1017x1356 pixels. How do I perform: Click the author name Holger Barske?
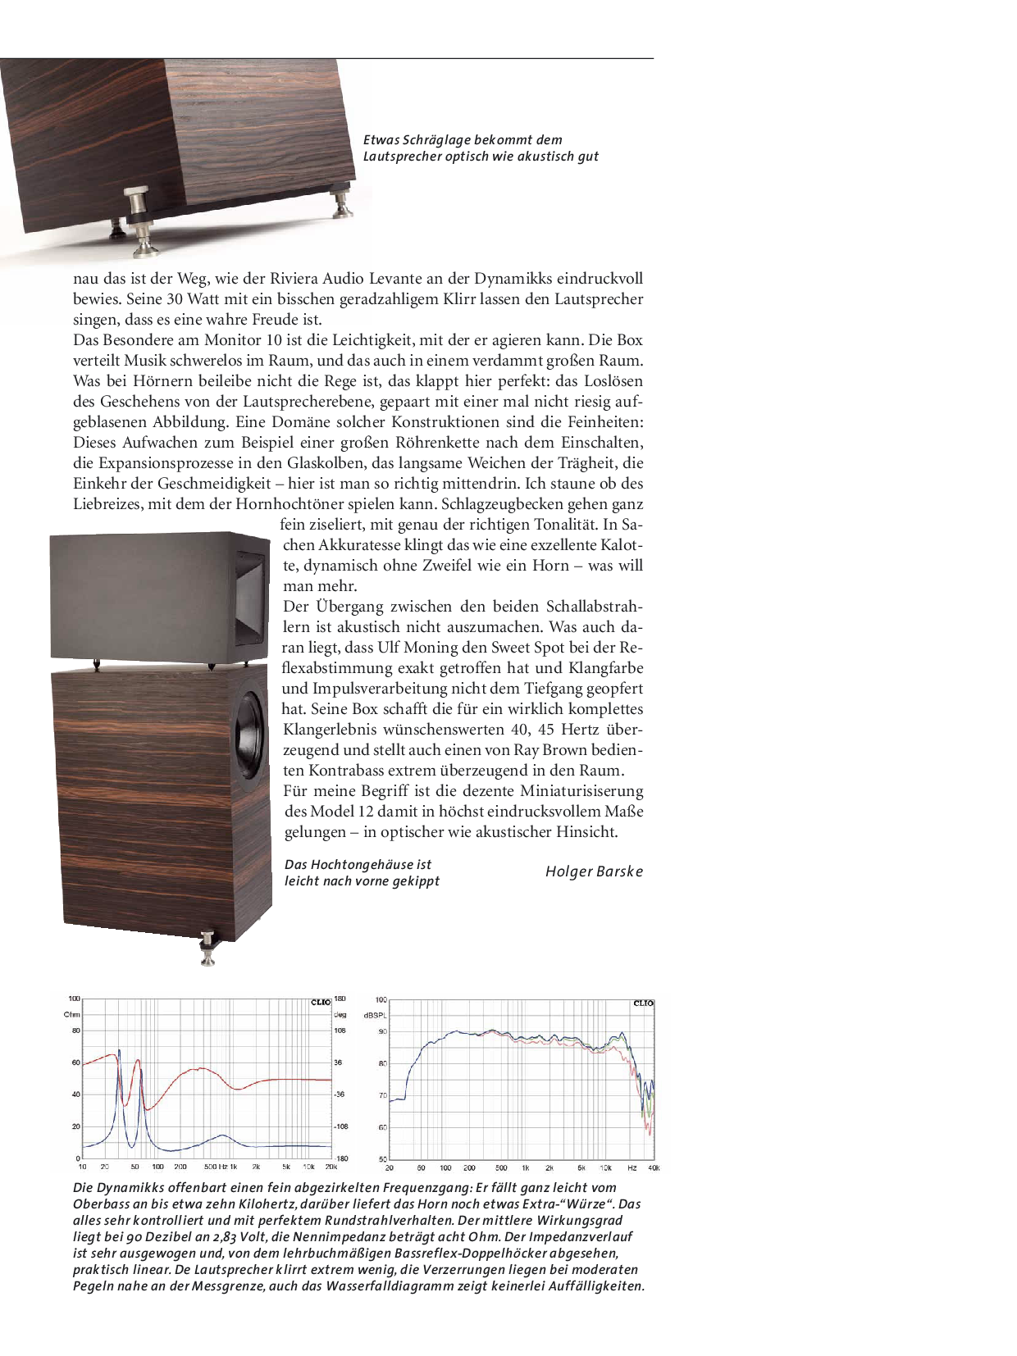pos(594,871)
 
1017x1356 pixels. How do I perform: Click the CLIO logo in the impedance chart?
pos(321,1002)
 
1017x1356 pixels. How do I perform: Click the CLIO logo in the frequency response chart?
pos(644,1003)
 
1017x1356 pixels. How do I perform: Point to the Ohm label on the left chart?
pos(71,1015)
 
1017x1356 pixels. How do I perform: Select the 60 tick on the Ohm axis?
pos(76,1063)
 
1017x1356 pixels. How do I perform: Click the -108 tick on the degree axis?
pos(340,1126)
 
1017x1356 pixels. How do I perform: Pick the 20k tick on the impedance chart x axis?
pos(331,1167)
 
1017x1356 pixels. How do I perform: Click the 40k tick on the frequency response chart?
pos(654,1167)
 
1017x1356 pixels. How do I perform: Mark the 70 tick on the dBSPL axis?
pos(382,1095)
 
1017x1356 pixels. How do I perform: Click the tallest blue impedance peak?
pos(119,1050)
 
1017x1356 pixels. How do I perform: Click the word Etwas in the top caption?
pos(381,140)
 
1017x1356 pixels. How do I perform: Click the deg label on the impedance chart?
pos(340,1015)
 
